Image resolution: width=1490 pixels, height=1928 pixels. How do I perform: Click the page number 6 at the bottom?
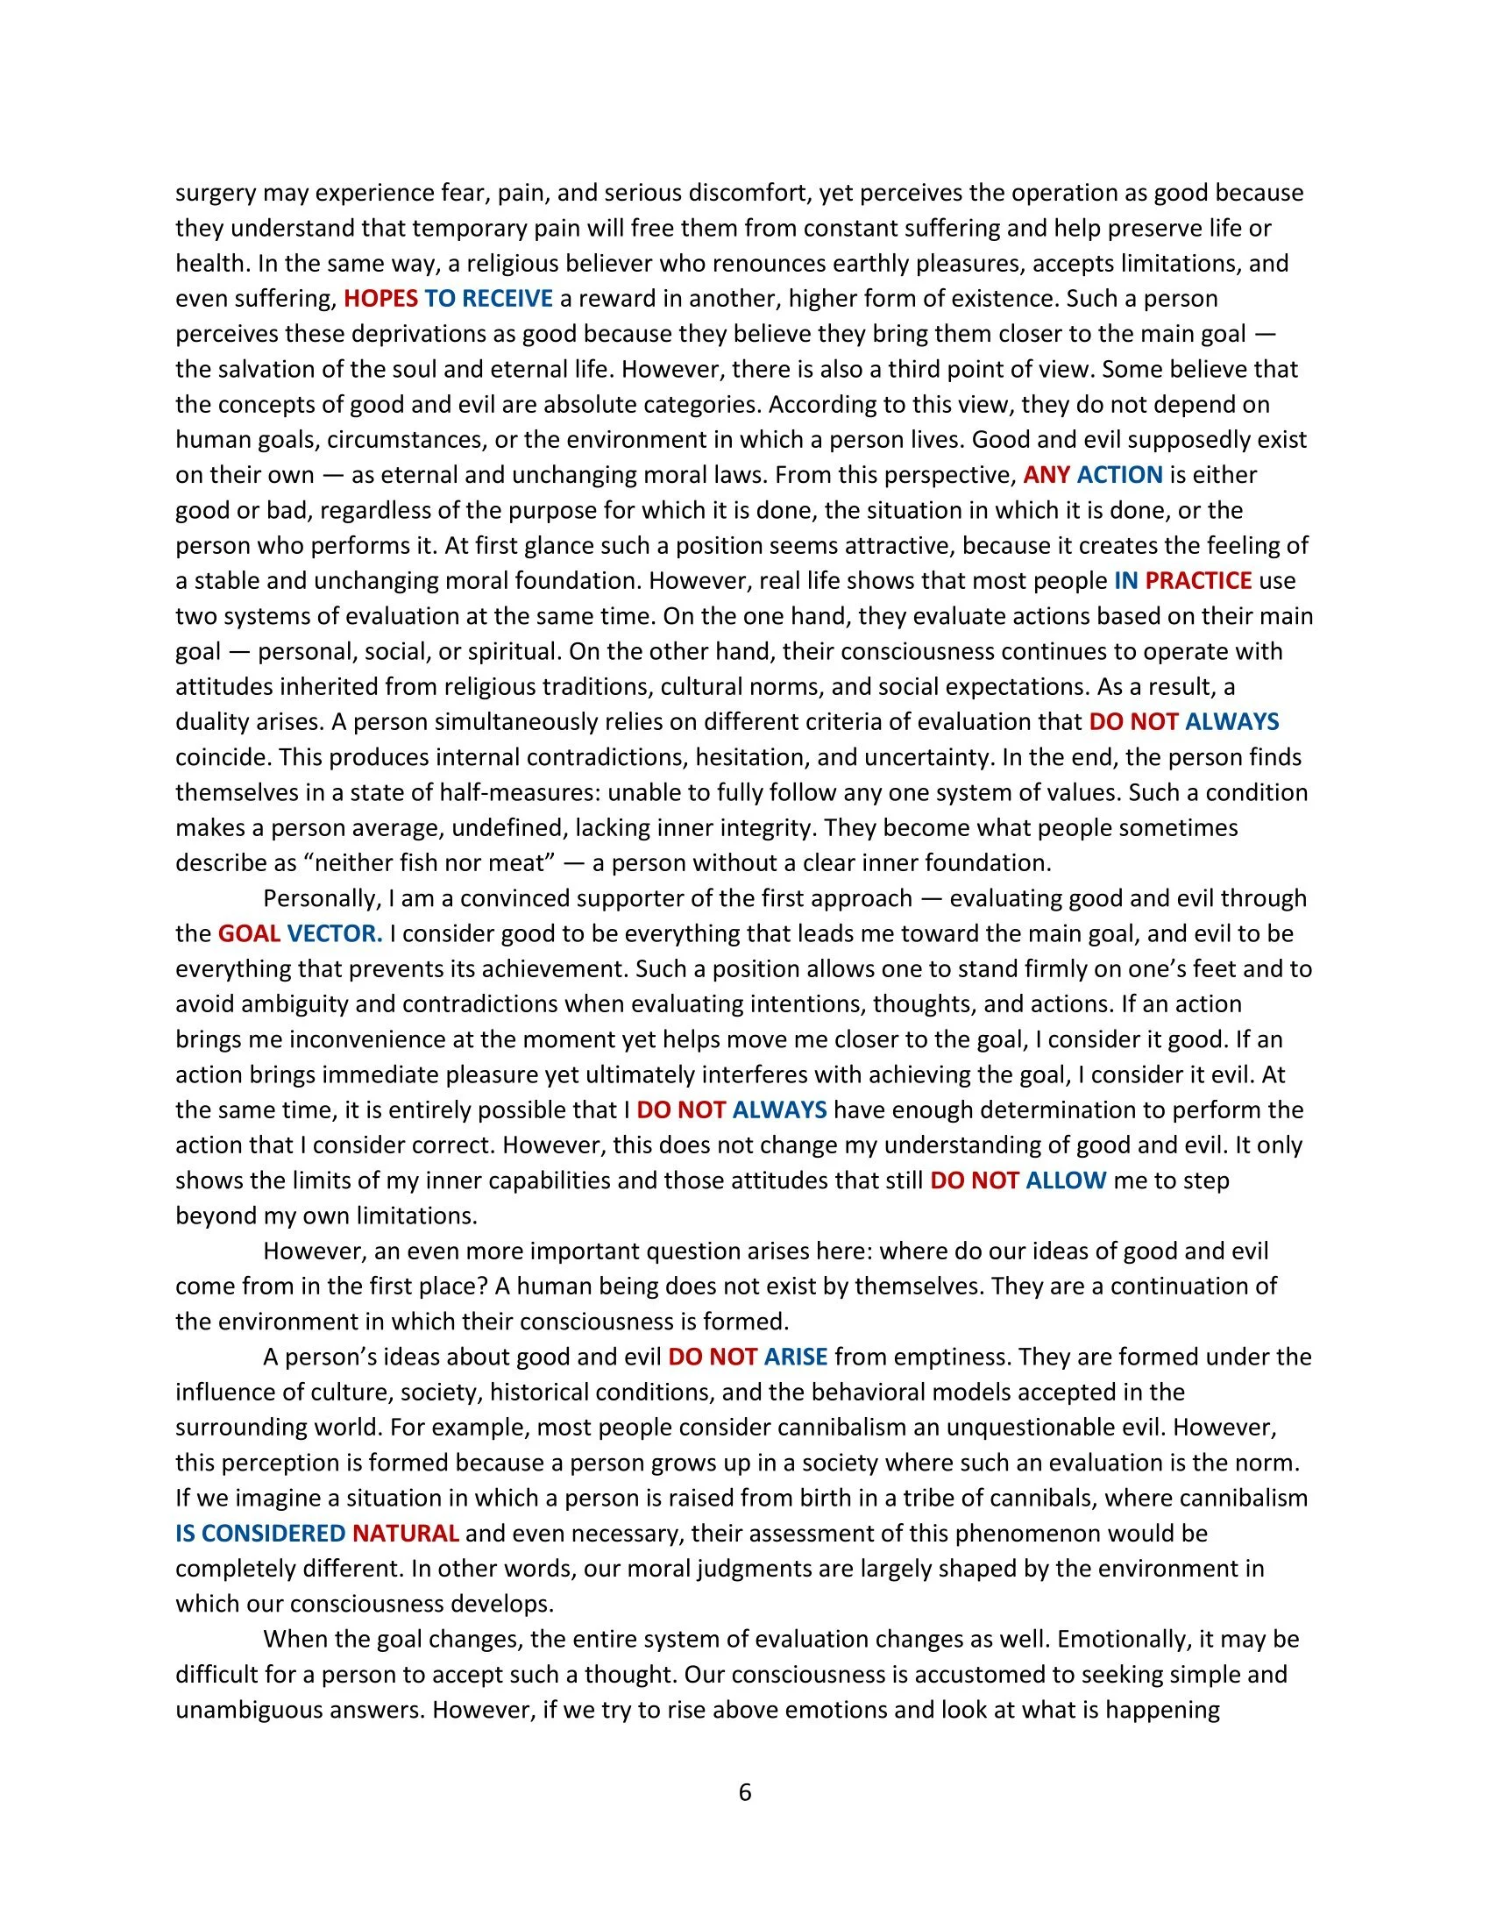(x=744, y=1793)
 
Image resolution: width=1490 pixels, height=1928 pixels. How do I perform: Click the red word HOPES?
(x=380, y=298)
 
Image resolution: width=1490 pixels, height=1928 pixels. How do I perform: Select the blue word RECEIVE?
(x=507, y=298)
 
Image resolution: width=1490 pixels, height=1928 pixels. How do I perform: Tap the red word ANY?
(x=1046, y=475)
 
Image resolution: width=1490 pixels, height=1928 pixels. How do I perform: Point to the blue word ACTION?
(x=1119, y=475)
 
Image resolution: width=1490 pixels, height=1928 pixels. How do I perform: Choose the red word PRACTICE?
(x=1198, y=581)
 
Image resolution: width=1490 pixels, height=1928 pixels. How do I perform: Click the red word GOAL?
(x=249, y=933)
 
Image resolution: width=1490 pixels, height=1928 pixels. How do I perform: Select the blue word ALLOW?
(x=1066, y=1180)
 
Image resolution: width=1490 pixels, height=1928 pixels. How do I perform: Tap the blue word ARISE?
(x=795, y=1357)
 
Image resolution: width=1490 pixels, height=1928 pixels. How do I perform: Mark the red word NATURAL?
(x=405, y=1534)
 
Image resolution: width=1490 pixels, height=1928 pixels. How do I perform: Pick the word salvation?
(x=264, y=369)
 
